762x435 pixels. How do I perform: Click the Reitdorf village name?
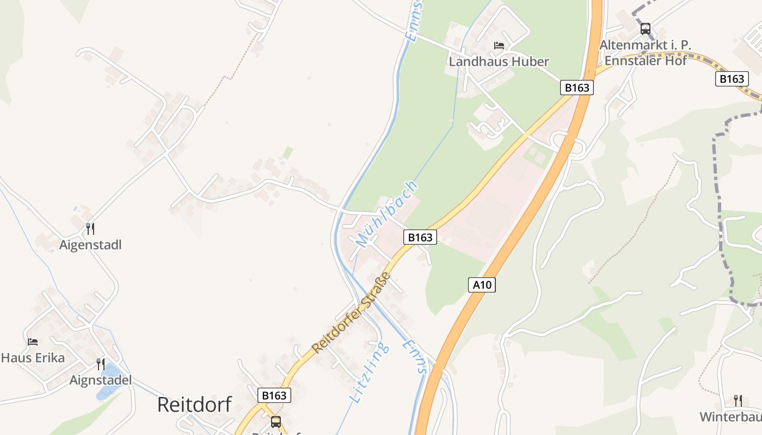(194, 405)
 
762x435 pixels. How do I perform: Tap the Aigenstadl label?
(90, 245)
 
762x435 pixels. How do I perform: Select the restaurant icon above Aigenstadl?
(90, 229)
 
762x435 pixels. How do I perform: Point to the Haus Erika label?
(33, 358)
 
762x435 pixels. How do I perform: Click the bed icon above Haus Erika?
(33, 342)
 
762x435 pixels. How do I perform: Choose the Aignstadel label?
(101, 380)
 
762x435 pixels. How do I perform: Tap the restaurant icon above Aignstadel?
(101, 364)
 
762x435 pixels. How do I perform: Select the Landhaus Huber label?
(499, 61)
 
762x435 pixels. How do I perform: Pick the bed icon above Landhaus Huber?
(499, 46)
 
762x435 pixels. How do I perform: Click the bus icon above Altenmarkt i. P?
(646, 29)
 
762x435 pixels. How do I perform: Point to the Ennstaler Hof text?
(646, 60)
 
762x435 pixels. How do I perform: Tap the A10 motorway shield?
(482, 284)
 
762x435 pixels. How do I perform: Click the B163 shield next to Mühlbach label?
(420, 237)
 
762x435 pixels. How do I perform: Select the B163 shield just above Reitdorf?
(274, 395)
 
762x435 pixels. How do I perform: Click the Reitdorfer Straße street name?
(352, 312)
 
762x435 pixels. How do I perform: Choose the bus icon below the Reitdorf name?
(276, 421)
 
